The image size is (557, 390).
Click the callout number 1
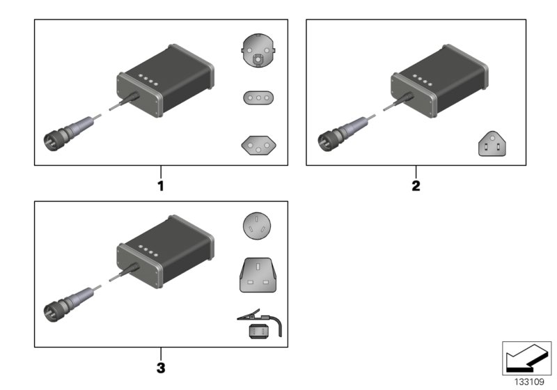tap(160, 186)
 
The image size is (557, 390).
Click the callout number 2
tap(416, 186)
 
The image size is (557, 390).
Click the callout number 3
tap(160, 366)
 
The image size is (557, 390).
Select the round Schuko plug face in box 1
tap(259, 54)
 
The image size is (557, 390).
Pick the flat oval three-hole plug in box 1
tap(259, 97)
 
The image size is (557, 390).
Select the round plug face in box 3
tap(259, 227)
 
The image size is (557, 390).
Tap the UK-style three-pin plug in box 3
tap(259, 274)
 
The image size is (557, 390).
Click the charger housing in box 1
tap(166, 82)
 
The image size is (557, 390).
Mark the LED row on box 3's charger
tap(148, 251)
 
